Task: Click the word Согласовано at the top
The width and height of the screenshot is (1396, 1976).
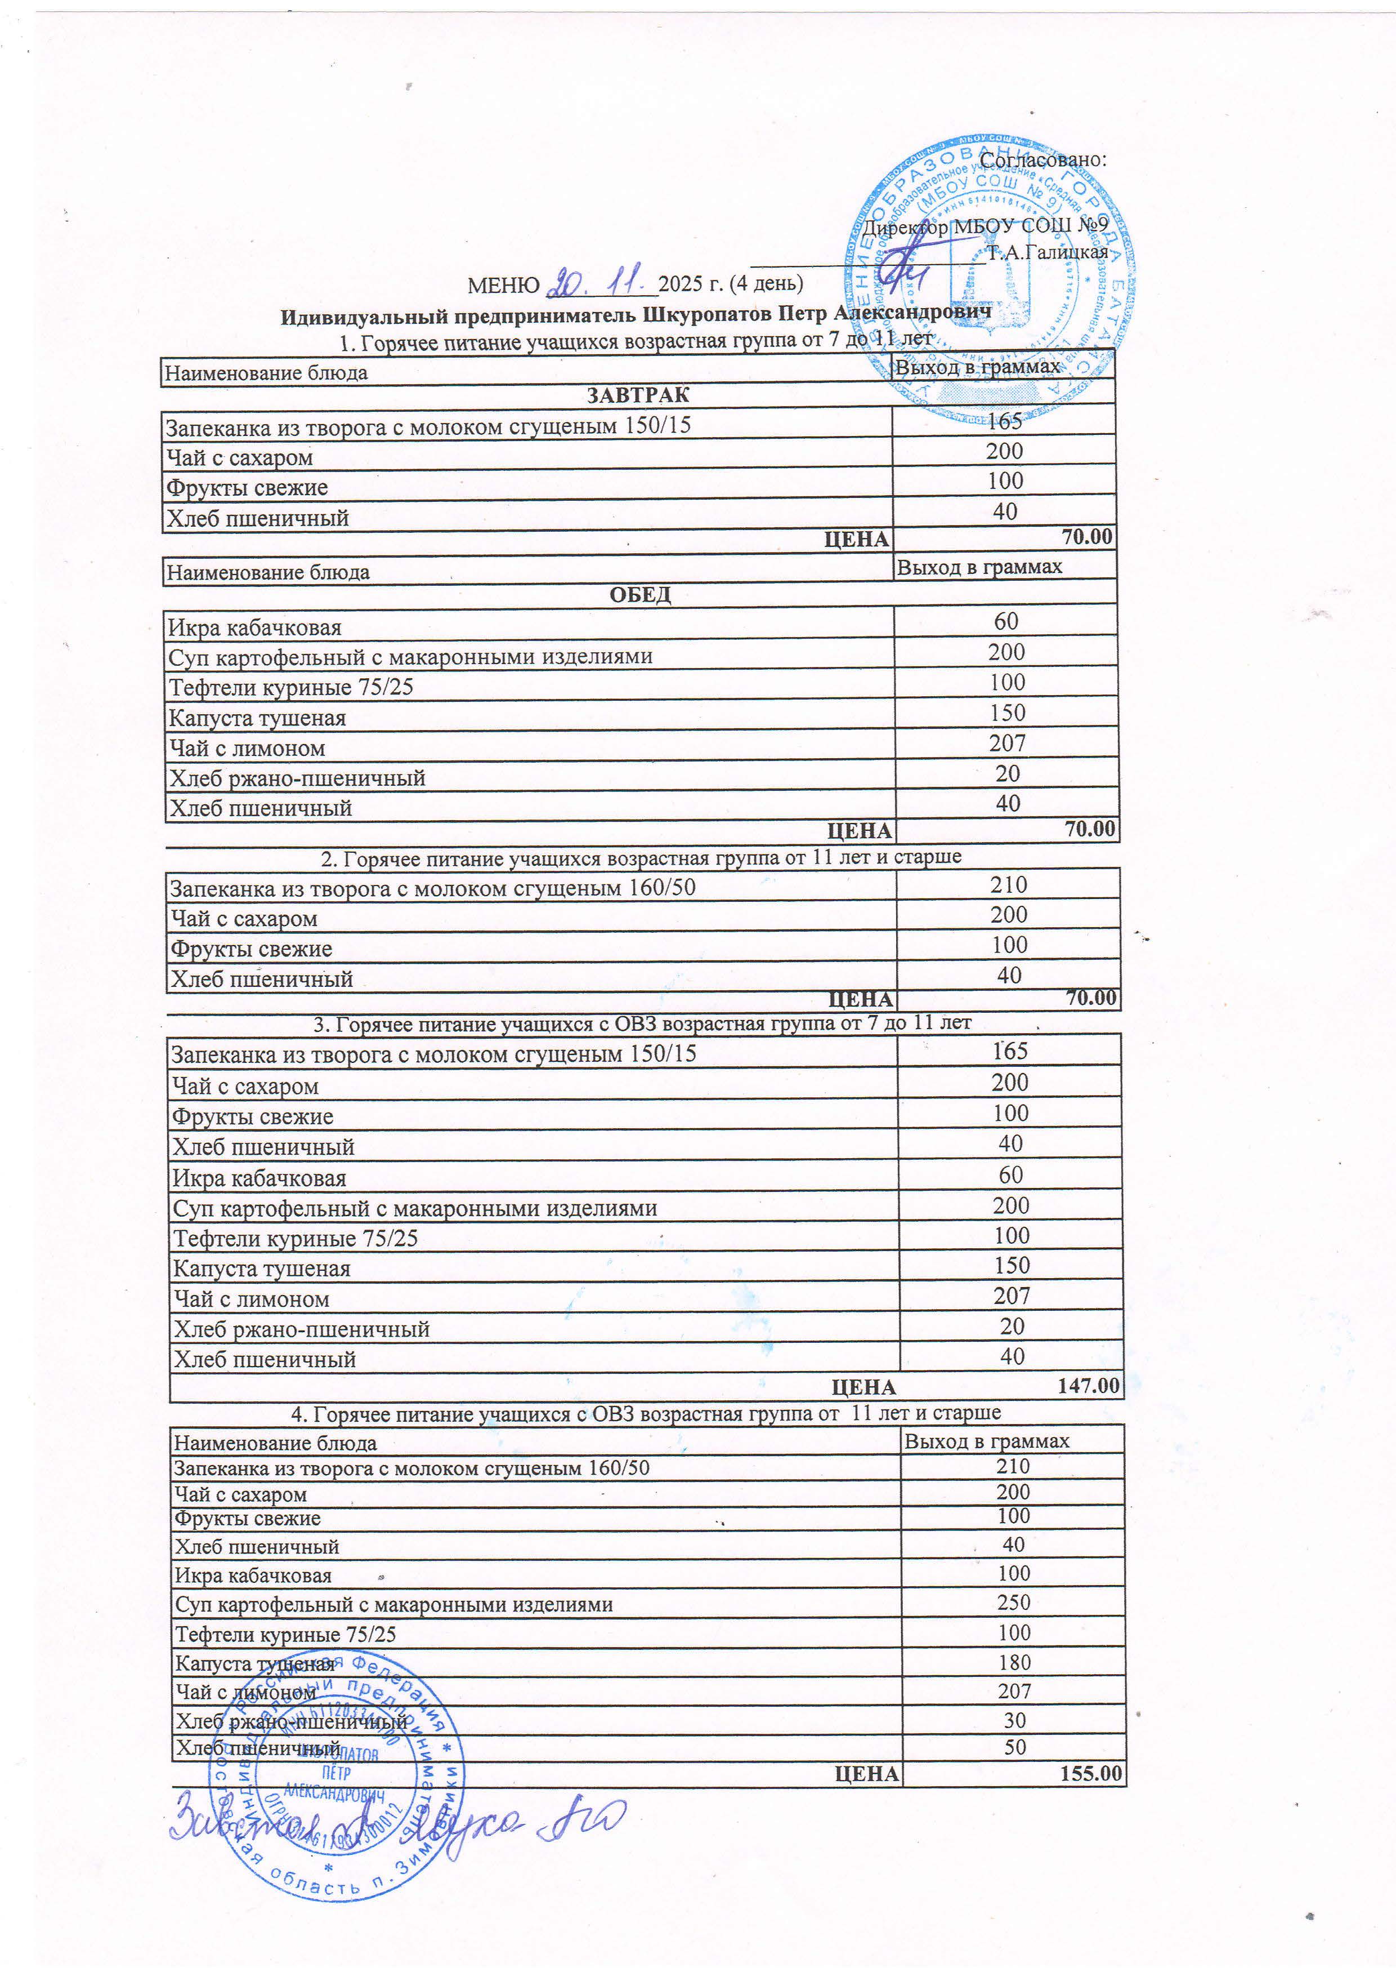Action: (1042, 159)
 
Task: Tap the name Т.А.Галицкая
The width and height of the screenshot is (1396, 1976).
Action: (1047, 253)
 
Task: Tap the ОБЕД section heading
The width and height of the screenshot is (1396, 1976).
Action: (640, 595)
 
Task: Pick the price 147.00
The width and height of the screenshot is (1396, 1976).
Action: (1088, 1386)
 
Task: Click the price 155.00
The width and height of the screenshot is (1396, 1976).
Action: (1091, 1774)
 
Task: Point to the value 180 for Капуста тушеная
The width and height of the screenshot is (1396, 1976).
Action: (1014, 1663)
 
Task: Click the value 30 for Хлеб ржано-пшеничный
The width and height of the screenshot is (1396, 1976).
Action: (1015, 1720)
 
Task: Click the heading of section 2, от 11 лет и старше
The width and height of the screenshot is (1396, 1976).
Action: (641, 857)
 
